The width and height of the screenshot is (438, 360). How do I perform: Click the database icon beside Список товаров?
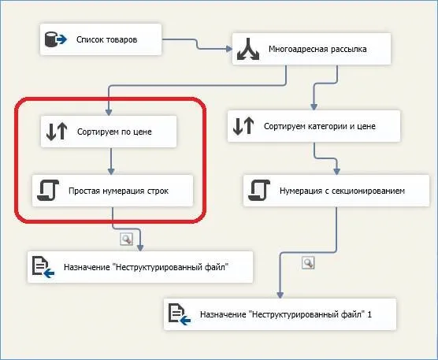pyautogui.click(x=56, y=39)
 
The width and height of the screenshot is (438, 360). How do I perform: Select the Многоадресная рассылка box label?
pyautogui.click(x=317, y=49)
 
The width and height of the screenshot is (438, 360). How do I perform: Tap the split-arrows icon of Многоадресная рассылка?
pyautogui.click(x=248, y=49)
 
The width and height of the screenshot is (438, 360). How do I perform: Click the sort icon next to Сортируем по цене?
pyautogui.click(x=57, y=132)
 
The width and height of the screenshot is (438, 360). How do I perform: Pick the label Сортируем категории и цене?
pyautogui.click(x=320, y=126)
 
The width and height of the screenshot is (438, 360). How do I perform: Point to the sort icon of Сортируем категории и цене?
pyautogui.click(x=243, y=126)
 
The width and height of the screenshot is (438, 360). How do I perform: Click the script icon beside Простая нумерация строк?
pyautogui.click(x=48, y=190)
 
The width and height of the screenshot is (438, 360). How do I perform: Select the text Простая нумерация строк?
pyautogui.click(x=118, y=191)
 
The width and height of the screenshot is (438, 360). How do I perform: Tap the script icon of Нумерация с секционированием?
pyautogui.click(x=259, y=190)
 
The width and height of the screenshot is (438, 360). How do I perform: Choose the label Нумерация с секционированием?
pyautogui.click(x=342, y=191)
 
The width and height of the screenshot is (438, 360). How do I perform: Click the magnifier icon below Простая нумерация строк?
pyautogui.click(x=127, y=239)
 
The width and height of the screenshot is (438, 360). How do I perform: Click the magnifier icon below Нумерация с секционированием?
pyautogui.click(x=308, y=263)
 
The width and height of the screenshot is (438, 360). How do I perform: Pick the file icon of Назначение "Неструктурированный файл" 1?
pyautogui.click(x=179, y=314)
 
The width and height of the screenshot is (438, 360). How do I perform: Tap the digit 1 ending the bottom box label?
pyautogui.click(x=369, y=314)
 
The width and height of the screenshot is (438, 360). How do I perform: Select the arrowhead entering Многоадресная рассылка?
pyautogui.click(x=229, y=49)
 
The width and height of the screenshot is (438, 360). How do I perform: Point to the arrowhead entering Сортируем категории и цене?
pyautogui.click(x=314, y=107)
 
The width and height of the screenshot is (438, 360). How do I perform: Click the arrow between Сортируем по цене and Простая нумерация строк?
pyautogui.click(x=111, y=161)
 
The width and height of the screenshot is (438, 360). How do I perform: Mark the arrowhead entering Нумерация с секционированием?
pyautogui.click(x=336, y=172)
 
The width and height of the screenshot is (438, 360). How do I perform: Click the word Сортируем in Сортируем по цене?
pyautogui.click(x=95, y=132)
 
